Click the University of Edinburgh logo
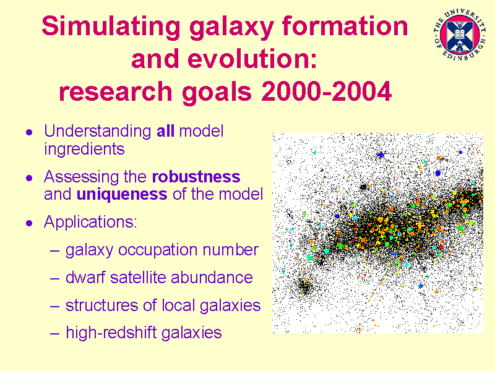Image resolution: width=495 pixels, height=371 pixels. (x=460, y=35)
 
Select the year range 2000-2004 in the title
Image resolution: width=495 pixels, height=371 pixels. (x=327, y=92)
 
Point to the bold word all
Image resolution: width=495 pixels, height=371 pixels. (x=165, y=131)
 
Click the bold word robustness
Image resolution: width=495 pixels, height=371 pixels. (x=196, y=177)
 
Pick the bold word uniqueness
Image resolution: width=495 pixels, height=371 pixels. (x=122, y=195)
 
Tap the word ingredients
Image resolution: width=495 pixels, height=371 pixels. (x=84, y=149)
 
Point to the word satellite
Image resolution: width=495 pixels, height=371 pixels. (x=137, y=278)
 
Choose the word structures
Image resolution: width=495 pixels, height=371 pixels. (x=101, y=305)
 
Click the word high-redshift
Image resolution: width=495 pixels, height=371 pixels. (x=111, y=333)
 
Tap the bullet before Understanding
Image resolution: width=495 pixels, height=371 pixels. (x=29, y=132)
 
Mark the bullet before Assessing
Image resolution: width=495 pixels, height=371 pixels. (x=29, y=178)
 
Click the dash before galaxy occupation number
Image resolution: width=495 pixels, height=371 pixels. (x=54, y=251)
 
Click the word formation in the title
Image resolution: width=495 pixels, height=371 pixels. (x=345, y=26)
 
